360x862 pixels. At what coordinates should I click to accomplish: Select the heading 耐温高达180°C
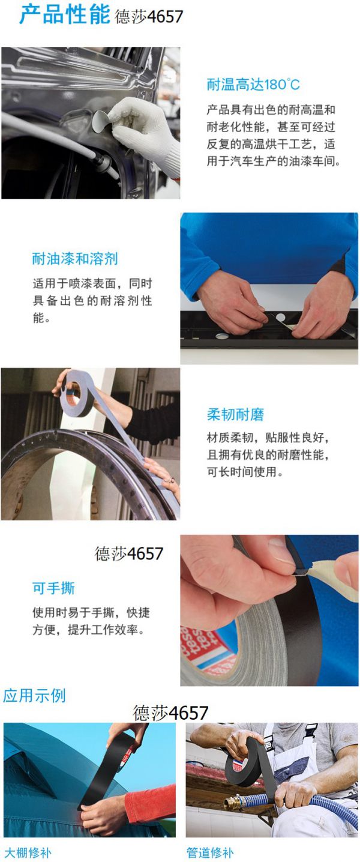pyautogui.click(x=253, y=84)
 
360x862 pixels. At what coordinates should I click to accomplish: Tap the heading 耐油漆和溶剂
pyautogui.click(x=75, y=259)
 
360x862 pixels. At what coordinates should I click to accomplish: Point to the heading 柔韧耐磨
pyautogui.click(x=235, y=414)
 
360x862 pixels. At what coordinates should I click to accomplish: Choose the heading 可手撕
pyautogui.click(x=53, y=588)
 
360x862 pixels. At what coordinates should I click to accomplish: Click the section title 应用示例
pyautogui.click(x=34, y=695)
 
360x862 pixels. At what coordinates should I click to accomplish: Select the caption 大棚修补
pyautogui.click(x=28, y=852)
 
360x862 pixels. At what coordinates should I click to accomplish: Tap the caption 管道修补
pyautogui.click(x=210, y=852)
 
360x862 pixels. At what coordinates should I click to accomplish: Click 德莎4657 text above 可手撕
pyautogui.click(x=129, y=554)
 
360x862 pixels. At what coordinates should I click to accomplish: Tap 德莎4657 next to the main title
pyautogui.click(x=149, y=17)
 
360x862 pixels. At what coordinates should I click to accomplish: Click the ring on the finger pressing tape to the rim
pyautogui.click(x=172, y=480)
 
